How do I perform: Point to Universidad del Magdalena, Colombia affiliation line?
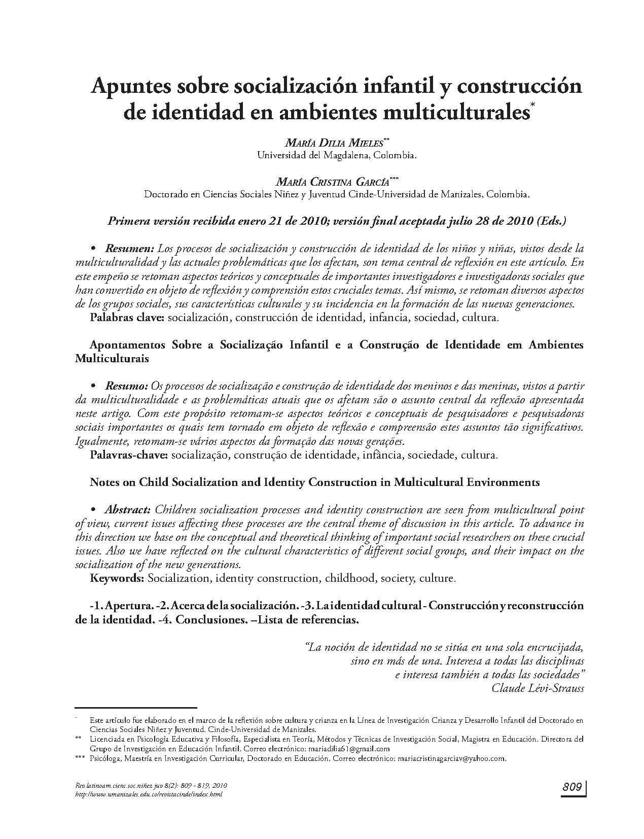[337, 155]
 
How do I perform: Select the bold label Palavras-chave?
[129, 455]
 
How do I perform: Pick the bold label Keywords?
[118, 578]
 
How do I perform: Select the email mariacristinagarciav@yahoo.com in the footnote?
[452, 759]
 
